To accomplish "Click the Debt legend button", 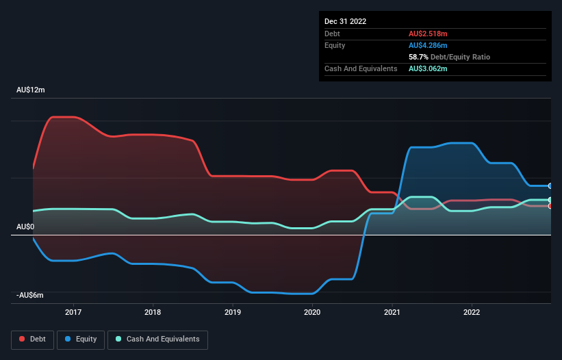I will coord(31,339).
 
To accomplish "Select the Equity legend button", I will coord(80,339).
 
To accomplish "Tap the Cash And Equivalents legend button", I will coord(157,339).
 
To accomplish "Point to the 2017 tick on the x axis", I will coord(73,312).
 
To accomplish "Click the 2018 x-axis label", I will coord(153,312).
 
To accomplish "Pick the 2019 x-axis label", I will coord(233,312).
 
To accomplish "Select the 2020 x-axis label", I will coord(312,312).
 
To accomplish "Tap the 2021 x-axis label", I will coord(392,312).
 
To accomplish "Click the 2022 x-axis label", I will coord(471,312).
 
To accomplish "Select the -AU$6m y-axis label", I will coord(30,295).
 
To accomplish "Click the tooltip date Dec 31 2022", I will coord(346,21).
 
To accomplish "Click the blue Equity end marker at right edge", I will coord(550,185).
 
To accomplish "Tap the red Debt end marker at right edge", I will coord(550,206).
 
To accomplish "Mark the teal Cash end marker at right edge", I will coord(550,200).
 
